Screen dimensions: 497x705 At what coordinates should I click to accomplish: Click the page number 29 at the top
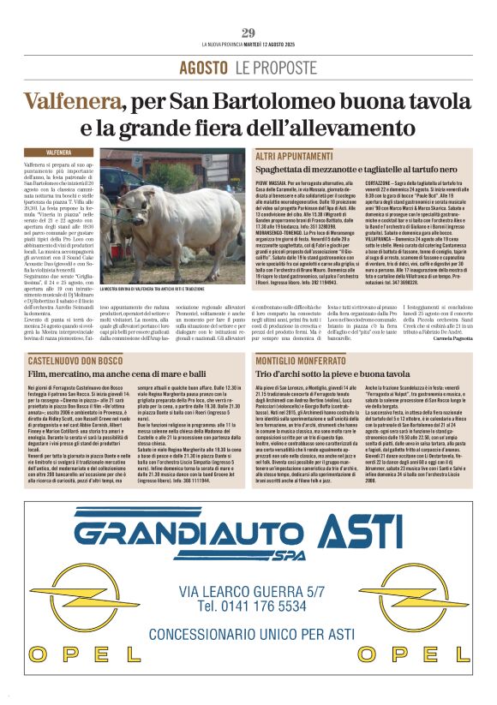point(248,33)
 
